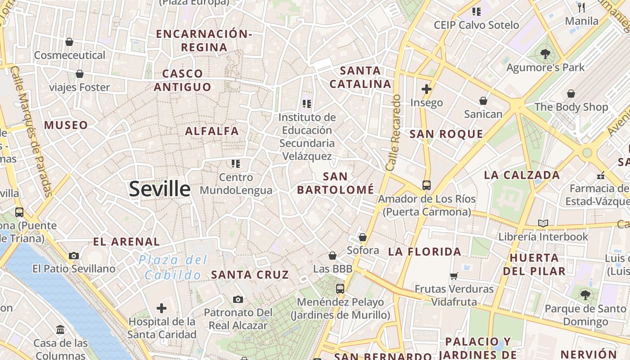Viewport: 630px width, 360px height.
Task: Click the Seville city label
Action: click(160, 189)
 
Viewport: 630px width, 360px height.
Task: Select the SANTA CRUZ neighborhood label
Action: click(250, 274)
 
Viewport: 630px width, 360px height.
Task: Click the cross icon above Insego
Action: click(427, 89)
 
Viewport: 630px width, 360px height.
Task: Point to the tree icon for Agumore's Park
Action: click(545, 54)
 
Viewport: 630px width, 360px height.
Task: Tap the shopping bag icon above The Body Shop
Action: click(571, 94)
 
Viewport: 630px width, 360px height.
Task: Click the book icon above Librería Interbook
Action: click(543, 223)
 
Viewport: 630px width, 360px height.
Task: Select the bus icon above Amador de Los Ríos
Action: click(426, 185)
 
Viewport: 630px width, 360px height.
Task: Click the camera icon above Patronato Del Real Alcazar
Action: click(238, 299)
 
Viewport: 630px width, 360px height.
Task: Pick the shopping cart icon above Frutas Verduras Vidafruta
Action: click(454, 276)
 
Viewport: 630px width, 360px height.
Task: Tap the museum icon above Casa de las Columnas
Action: click(60, 330)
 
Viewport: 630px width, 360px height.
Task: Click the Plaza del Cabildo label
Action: click(173, 267)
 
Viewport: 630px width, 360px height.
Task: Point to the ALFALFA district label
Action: click(212, 131)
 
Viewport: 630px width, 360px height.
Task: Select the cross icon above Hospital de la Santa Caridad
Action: click(162, 308)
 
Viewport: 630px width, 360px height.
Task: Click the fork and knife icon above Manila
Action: click(581, 7)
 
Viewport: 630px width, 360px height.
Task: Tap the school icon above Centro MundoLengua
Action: click(236, 163)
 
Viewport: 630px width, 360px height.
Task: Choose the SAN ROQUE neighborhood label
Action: click(446, 134)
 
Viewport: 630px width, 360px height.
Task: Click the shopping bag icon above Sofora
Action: click(363, 237)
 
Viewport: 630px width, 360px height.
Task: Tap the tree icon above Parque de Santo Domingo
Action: click(585, 295)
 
